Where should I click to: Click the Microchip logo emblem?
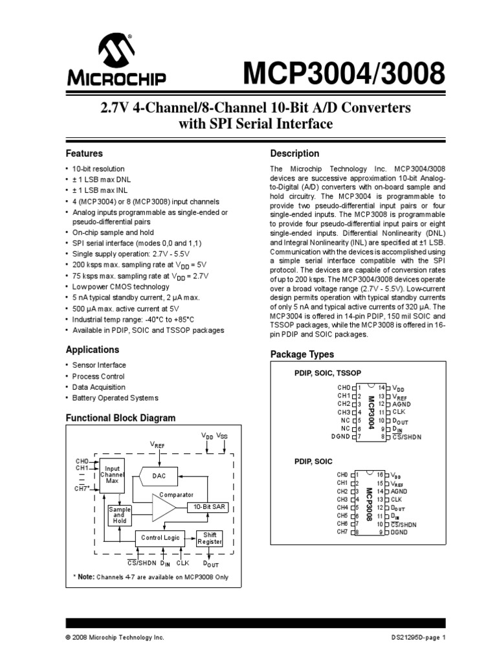(x=116, y=52)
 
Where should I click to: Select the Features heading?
(x=85, y=154)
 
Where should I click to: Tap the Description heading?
(x=294, y=154)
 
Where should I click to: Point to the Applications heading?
(x=93, y=350)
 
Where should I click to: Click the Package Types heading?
(x=302, y=354)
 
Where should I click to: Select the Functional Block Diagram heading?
(x=121, y=418)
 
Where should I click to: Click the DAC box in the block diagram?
(x=159, y=476)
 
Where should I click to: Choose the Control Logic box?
(x=160, y=537)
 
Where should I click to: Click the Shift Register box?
(x=210, y=537)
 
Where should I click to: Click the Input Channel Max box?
(x=111, y=475)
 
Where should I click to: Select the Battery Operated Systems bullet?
(x=115, y=398)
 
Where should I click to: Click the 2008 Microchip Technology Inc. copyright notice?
(x=115, y=637)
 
